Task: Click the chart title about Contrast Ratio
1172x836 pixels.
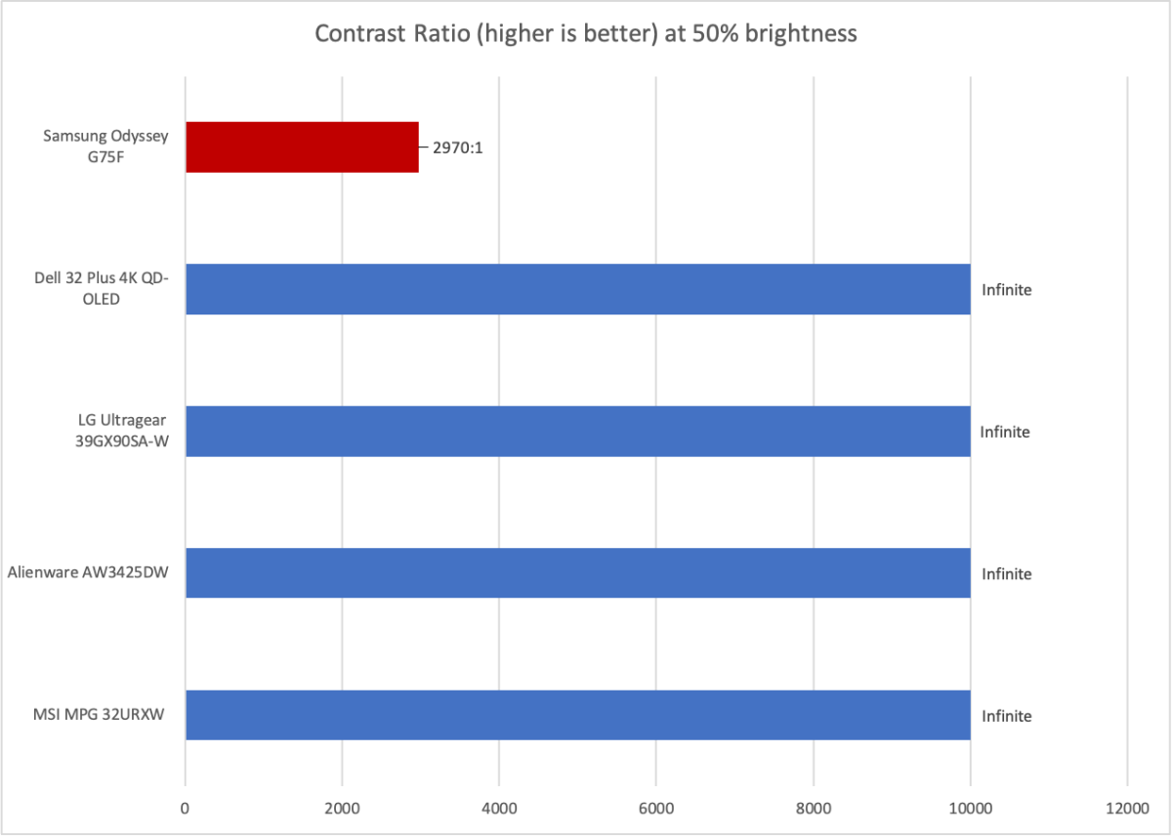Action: click(585, 34)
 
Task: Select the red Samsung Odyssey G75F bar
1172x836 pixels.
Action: click(302, 147)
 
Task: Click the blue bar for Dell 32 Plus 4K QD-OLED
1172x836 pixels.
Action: click(577, 289)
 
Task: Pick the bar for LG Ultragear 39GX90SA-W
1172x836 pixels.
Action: click(577, 431)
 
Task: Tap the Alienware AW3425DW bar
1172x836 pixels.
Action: click(577, 573)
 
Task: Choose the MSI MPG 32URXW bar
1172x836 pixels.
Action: click(577, 715)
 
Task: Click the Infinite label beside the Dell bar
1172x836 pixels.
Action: click(1006, 290)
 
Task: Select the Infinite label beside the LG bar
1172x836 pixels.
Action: click(1006, 432)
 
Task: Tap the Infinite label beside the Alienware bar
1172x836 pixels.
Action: click(1006, 573)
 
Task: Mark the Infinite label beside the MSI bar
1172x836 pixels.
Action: click(1006, 716)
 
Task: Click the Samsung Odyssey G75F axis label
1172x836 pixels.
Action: click(105, 146)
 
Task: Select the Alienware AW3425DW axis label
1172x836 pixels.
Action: click(87, 572)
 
